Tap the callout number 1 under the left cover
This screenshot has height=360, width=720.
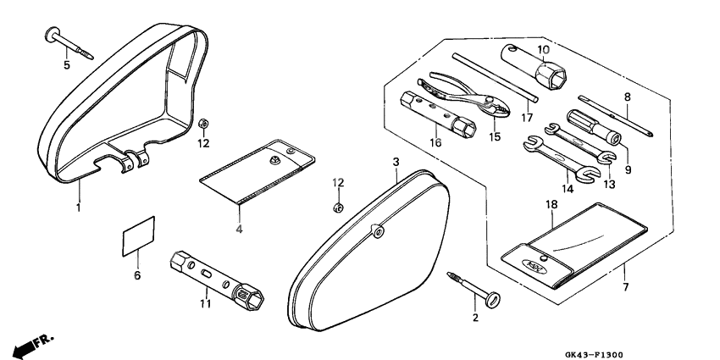tap(78, 206)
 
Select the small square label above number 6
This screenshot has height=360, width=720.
tap(139, 235)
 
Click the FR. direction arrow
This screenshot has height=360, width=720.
tap(32, 345)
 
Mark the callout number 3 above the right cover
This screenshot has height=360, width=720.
tap(396, 161)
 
